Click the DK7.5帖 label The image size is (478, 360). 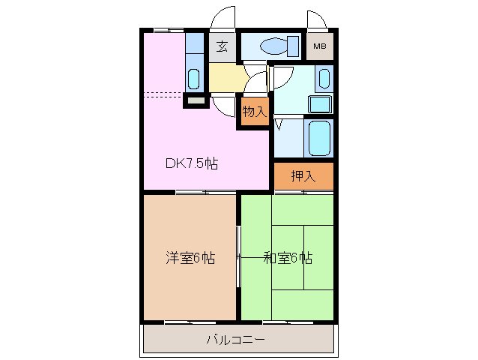192,163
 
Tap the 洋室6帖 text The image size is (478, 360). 190,258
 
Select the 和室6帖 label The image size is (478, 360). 288,258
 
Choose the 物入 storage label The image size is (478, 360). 254,112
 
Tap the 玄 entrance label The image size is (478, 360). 222,47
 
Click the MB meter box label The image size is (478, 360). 319,47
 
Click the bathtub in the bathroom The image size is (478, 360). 320,136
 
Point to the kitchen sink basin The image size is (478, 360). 194,78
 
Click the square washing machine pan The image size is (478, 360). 321,103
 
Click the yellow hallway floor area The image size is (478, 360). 226,76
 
